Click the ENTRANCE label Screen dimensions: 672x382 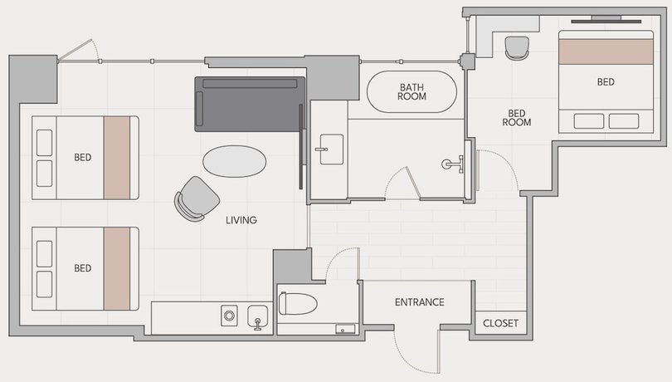419,302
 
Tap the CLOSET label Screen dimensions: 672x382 500,323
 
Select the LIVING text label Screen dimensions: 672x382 241,220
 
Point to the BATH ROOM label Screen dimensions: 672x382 411,92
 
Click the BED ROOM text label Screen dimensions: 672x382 517,118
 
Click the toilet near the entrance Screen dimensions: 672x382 298,303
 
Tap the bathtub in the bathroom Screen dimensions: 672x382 411,92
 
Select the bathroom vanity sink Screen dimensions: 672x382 331,149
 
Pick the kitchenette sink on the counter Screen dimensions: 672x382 257,318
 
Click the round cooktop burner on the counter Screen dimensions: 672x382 229,316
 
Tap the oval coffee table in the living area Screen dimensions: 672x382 235,161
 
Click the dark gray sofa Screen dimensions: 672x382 250,105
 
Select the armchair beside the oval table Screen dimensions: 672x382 197,199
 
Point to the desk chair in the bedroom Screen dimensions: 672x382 517,48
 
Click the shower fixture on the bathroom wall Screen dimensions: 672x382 453,164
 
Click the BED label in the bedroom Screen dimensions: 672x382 606,82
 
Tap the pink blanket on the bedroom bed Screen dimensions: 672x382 606,51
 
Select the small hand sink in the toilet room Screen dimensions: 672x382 345,330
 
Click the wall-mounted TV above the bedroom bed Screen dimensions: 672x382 606,20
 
